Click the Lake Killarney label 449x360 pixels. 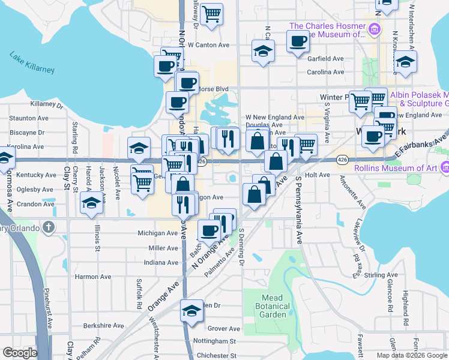(32, 62)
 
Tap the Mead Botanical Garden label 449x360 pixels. (276, 306)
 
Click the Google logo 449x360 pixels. (20, 353)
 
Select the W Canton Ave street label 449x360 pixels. (208, 45)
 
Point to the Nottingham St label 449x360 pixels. (215, 341)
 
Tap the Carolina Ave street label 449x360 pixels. (325, 72)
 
